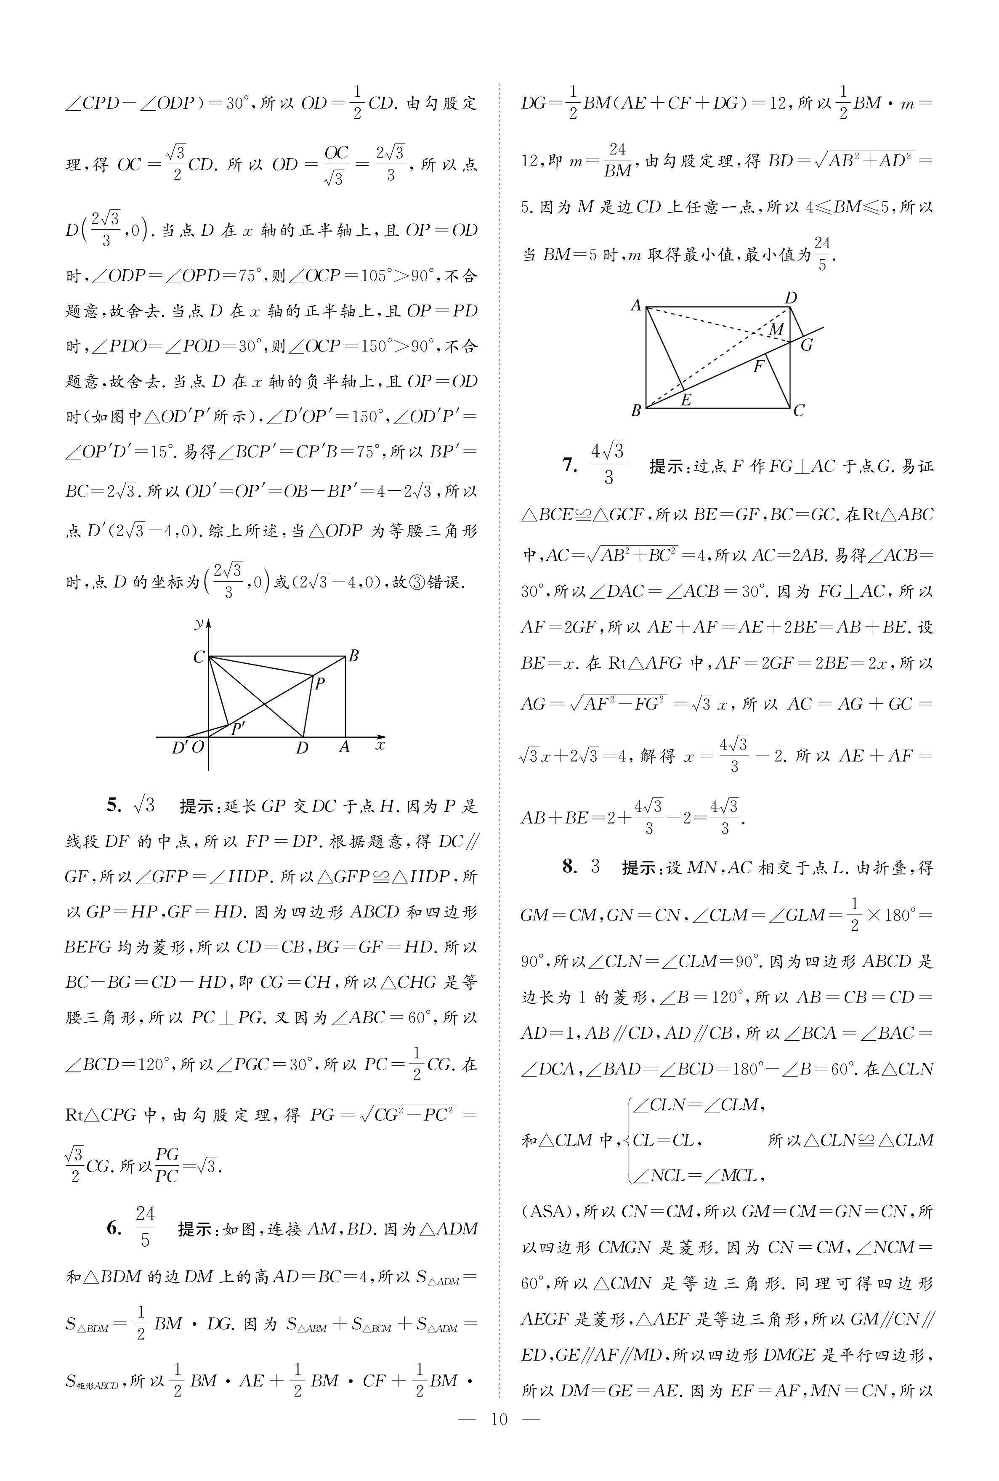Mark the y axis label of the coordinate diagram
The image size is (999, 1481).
click(x=199, y=624)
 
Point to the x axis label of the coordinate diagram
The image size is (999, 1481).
click(x=380, y=744)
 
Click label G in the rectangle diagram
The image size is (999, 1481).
click(x=807, y=345)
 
